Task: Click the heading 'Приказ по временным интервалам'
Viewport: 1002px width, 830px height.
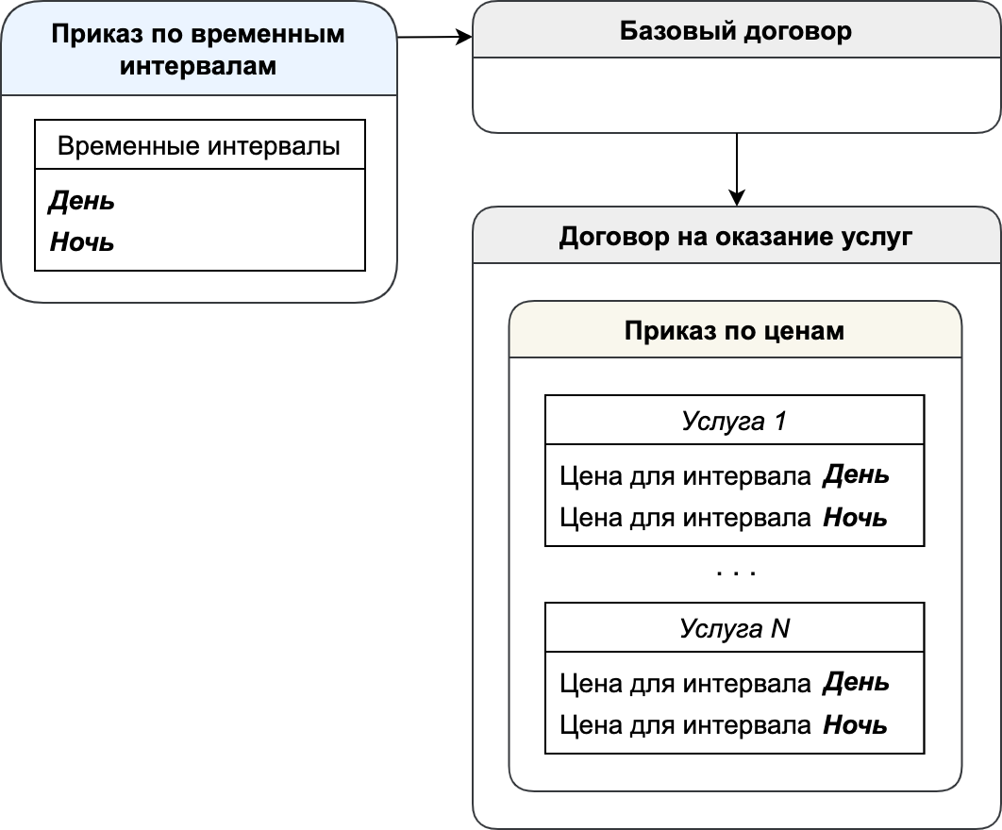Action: coord(198,49)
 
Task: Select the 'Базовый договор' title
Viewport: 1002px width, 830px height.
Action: coord(736,31)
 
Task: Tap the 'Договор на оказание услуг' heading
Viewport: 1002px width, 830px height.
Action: coord(736,237)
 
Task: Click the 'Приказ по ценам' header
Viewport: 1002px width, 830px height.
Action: coord(734,330)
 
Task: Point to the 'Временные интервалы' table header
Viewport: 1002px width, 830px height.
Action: coord(199,145)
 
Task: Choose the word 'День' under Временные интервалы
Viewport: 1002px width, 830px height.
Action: coord(82,201)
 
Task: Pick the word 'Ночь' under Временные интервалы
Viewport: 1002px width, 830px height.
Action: coord(82,242)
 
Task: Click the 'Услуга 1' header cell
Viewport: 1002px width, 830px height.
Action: coord(734,421)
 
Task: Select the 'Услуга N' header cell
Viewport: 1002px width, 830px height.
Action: coord(734,628)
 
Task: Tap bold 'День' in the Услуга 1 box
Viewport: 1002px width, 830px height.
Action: coord(856,474)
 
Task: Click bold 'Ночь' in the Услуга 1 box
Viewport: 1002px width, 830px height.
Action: coord(855,517)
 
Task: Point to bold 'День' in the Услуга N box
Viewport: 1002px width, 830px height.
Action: coord(856,683)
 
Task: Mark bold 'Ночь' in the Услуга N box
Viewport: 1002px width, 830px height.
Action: coord(855,724)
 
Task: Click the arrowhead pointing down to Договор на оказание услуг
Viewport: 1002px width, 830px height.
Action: coord(737,198)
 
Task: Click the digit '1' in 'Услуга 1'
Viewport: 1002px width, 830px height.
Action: coord(780,421)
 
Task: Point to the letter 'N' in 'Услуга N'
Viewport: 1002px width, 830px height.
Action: coord(780,628)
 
